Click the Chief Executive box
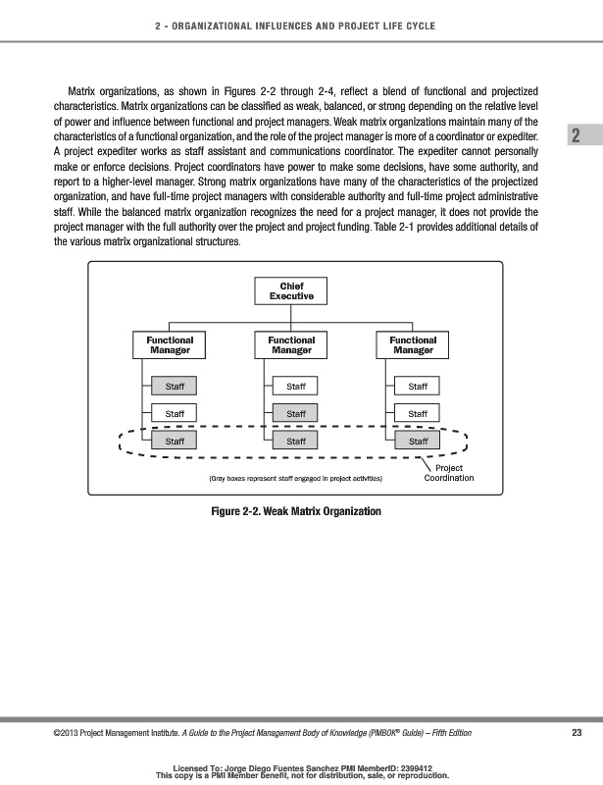pos(291,291)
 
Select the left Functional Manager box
pos(170,344)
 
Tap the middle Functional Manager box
pos(291,344)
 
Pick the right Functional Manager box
pos(413,344)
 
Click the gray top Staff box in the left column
pos(175,387)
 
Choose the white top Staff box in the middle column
pos(296,387)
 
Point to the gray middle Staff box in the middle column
pos(296,414)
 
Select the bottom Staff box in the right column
pos(418,442)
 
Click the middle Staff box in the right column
pos(418,414)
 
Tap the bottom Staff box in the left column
pos(175,442)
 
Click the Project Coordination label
pos(449,473)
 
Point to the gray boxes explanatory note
pos(296,479)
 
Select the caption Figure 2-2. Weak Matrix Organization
pos(296,511)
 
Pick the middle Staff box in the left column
pos(175,414)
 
